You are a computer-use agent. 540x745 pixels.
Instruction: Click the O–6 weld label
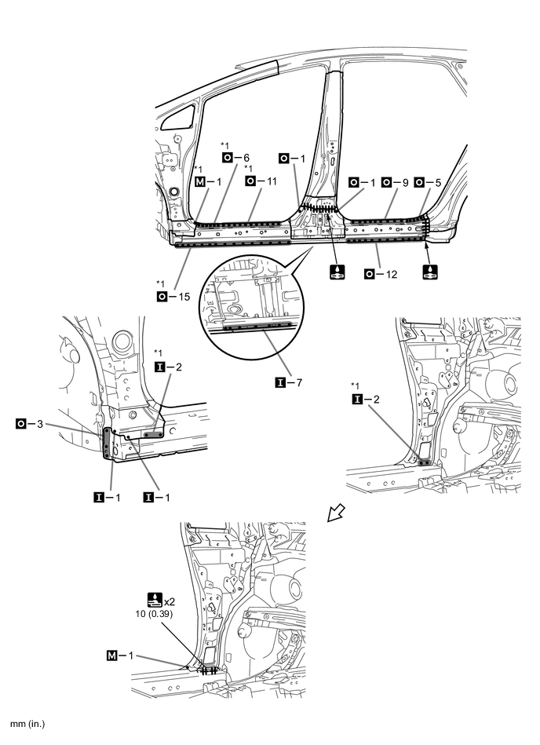(235, 157)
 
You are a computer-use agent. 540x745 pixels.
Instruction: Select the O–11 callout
(261, 181)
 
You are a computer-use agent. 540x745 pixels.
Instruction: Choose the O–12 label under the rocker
(378, 273)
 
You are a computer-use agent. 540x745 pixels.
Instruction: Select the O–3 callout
(29, 424)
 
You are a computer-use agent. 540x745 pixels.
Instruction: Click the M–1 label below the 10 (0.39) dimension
(120, 654)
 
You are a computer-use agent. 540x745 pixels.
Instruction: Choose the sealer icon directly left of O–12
(335, 273)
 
